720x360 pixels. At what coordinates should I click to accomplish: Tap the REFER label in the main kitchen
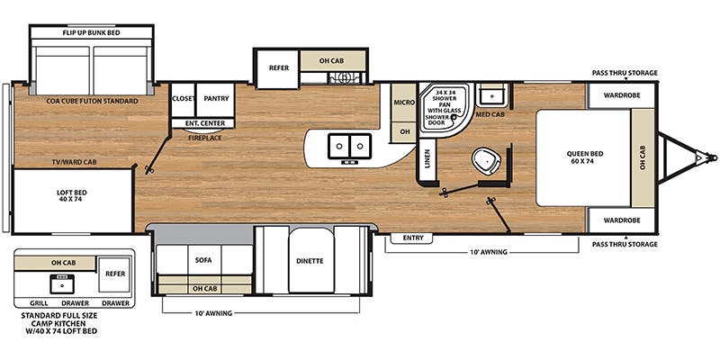pos(279,68)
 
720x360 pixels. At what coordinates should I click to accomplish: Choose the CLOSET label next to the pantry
pos(183,99)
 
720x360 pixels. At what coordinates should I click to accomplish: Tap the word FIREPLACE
pos(205,138)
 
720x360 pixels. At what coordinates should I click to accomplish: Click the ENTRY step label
pos(412,238)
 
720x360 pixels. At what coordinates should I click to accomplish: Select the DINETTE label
pos(310,261)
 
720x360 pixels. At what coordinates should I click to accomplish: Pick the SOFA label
pos(203,260)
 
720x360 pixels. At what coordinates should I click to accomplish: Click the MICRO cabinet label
pos(404,103)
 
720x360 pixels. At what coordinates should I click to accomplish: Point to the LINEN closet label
pos(427,159)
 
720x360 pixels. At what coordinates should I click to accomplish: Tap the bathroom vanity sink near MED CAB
pos(491,96)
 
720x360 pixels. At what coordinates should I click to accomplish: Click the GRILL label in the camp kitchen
pos(39,303)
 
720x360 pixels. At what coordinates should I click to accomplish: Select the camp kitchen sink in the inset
pos(62,283)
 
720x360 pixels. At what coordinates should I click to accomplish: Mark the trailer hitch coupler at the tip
pos(712,158)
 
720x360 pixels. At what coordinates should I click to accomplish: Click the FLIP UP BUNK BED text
pos(91,32)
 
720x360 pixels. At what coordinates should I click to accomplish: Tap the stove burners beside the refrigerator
pos(344,77)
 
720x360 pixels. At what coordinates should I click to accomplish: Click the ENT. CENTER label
pos(205,123)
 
